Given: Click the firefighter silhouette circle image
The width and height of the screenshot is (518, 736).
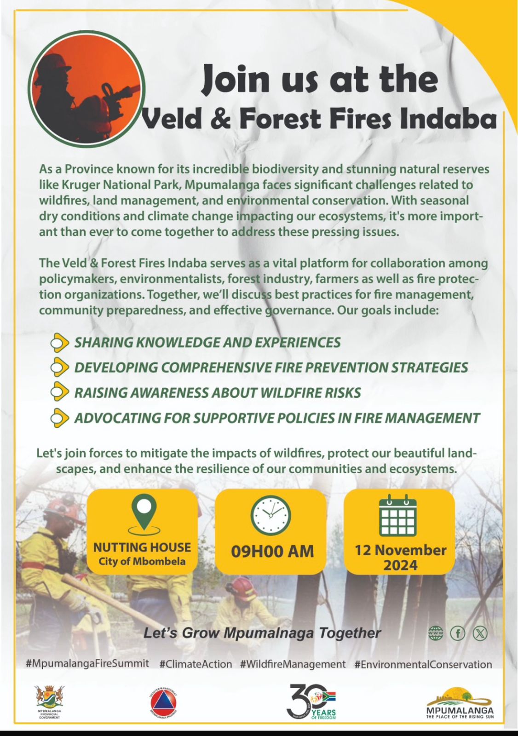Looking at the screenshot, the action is point(87,87).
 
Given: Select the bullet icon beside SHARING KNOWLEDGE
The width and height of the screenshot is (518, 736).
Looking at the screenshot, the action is point(59,342).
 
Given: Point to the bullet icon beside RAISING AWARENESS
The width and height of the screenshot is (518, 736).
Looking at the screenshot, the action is point(59,393).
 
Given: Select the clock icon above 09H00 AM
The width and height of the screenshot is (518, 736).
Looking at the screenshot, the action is point(271,516).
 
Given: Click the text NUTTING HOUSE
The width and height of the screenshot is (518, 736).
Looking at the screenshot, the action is point(142,547).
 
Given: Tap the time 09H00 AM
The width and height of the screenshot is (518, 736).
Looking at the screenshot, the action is point(272,552).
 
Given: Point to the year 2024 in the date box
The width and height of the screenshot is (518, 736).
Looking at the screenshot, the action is point(400,565).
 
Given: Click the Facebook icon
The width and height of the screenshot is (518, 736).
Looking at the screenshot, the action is point(458,633).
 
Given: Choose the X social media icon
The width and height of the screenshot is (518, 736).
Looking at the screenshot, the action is point(479,633).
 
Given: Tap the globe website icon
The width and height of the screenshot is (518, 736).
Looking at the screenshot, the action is point(436,633).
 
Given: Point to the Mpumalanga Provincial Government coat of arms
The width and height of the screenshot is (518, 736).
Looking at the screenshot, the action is point(49,699).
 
